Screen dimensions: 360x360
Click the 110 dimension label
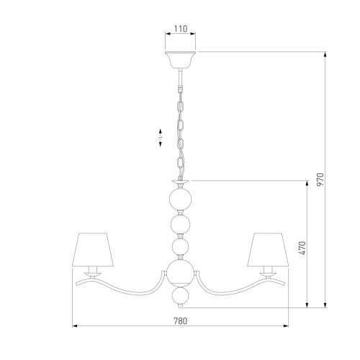coord(181,29)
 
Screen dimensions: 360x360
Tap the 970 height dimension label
coord(320,179)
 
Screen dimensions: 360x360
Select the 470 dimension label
coord(302,248)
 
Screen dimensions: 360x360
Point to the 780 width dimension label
coord(180,321)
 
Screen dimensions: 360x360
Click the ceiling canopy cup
coord(180,60)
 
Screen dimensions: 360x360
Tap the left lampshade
coord(93,249)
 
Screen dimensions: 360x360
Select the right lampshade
coord(268,249)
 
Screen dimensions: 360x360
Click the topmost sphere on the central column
coord(181,199)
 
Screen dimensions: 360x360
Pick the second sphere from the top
coord(181,224)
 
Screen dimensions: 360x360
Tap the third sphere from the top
coord(181,247)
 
